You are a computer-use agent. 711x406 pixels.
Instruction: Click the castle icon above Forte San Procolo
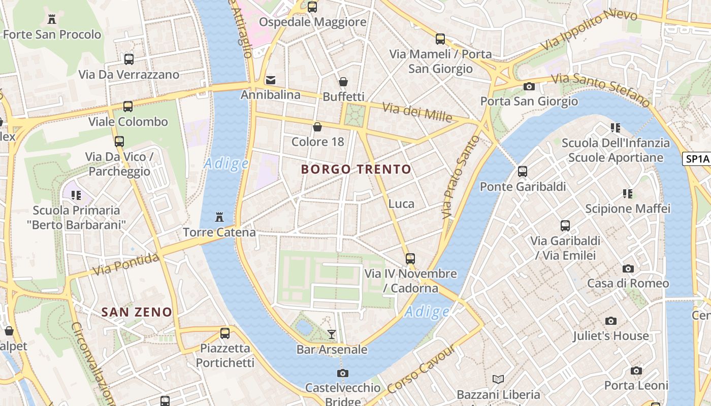51,19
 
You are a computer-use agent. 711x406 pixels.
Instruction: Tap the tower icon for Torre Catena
219,217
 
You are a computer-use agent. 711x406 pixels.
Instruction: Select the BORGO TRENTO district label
356,170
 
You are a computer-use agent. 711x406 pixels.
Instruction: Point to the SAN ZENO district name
137,312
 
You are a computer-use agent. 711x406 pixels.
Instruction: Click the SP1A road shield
697,159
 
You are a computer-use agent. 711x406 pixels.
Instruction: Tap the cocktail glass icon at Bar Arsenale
332,334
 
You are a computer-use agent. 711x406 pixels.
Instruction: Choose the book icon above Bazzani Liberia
498,379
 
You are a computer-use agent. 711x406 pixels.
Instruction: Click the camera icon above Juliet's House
611,321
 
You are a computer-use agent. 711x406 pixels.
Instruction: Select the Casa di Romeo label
628,283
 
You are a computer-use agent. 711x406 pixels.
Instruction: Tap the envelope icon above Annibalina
271,80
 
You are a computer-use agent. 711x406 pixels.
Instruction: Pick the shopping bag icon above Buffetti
343,82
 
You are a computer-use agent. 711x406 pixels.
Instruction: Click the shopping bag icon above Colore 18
317,127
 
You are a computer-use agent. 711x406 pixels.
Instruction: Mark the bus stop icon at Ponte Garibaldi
523,172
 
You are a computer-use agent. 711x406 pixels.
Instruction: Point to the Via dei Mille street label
417,112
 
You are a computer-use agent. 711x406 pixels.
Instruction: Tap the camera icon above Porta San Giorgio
529,86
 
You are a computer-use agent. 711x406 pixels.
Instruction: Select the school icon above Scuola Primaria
76,195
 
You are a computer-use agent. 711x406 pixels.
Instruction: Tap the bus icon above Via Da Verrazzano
128,59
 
